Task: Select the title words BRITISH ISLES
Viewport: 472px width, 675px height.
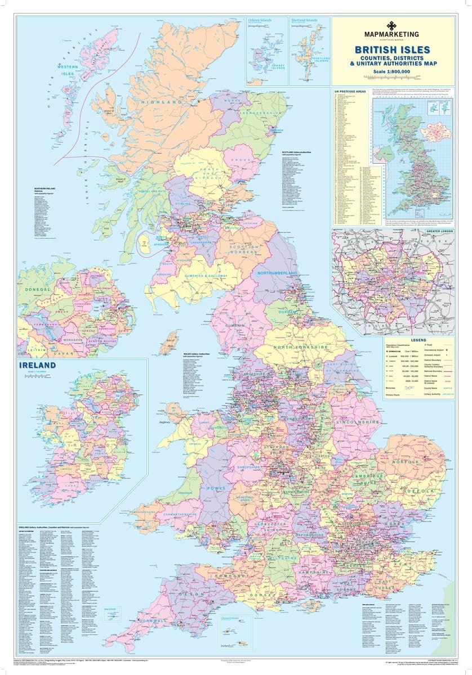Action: click(393, 51)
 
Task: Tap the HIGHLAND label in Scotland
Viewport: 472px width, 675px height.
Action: click(146, 102)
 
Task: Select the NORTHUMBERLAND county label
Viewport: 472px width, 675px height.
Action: click(277, 273)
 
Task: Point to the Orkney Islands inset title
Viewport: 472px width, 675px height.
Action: click(260, 21)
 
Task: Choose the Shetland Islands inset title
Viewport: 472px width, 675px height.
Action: click(304, 21)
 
